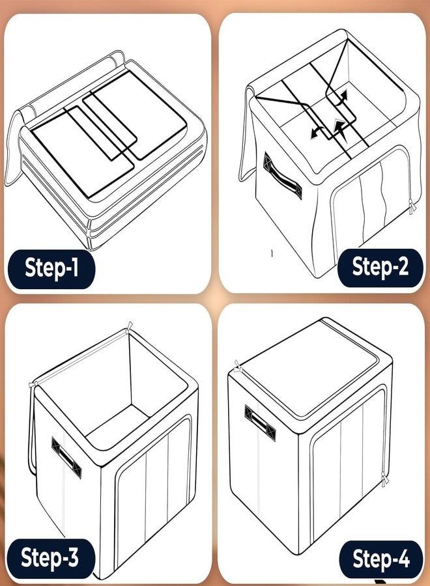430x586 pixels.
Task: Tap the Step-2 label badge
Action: [380, 268]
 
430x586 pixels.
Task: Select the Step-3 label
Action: [50, 558]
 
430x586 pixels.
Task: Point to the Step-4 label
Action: [381, 559]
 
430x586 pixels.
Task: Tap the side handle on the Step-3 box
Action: [66, 458]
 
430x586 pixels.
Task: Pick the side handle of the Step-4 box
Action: [260, 423]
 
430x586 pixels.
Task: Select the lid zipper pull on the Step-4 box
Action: [237, 367]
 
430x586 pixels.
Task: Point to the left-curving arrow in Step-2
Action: [317, 132]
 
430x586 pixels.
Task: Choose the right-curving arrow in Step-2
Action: [341, 98]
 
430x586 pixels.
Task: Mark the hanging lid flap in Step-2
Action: [247, 135]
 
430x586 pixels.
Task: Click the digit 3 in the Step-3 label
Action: [71, 557]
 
